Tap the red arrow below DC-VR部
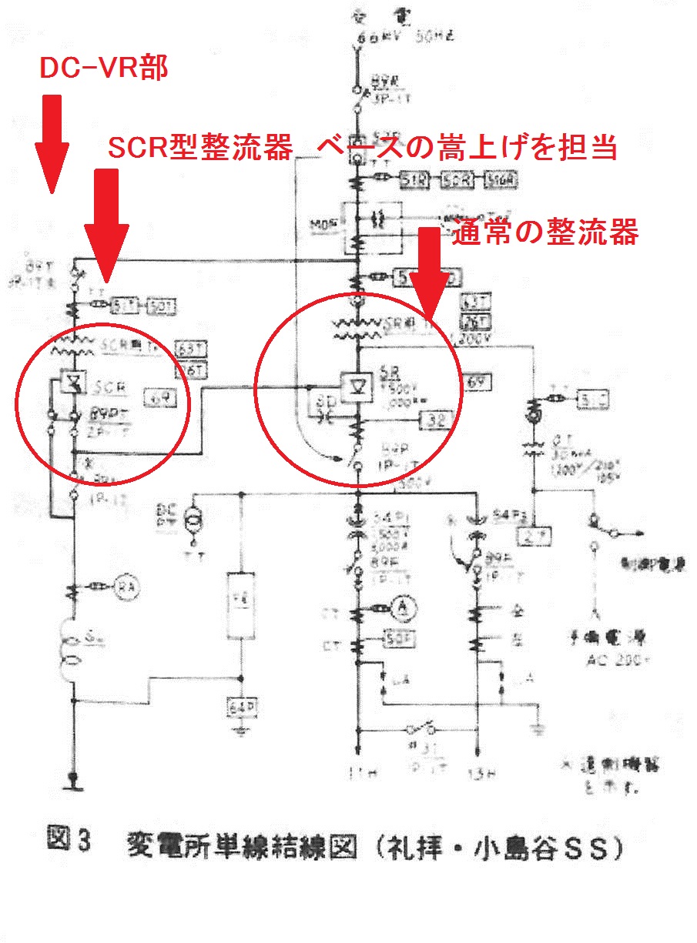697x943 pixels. [x=52, y=142]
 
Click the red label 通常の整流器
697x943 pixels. [x=545, y=231]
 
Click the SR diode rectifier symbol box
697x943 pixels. [x=357, y=382]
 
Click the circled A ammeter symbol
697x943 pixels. [x=400, y=607]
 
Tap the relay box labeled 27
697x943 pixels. [x=534, y=537]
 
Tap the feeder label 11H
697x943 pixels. [x=357, y=771]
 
